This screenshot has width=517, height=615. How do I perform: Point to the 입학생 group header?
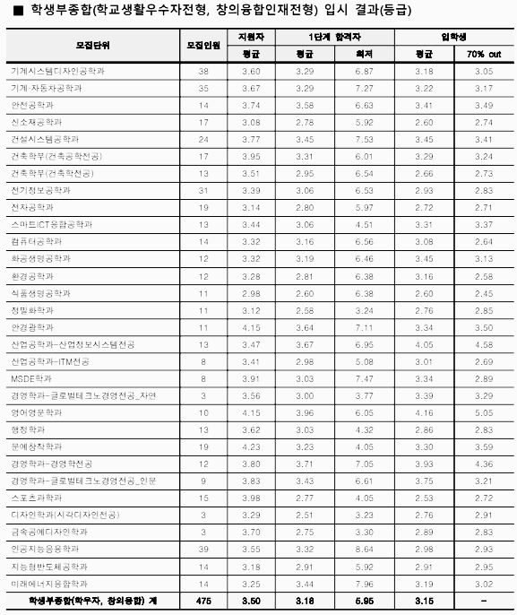453,38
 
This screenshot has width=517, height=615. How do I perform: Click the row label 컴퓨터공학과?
36,241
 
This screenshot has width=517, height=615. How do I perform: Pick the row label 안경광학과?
32,326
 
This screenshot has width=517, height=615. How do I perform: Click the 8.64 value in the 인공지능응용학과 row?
364,548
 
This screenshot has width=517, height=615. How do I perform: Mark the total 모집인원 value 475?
203,600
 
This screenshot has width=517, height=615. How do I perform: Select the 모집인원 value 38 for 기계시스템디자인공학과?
203,70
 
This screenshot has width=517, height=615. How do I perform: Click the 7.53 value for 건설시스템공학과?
364,139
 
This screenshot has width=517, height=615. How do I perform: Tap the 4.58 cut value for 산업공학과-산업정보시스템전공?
484,343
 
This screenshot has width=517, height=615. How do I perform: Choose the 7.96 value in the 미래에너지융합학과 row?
364,583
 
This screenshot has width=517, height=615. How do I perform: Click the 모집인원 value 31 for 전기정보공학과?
203,190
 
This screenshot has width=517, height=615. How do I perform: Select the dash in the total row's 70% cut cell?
484,600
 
